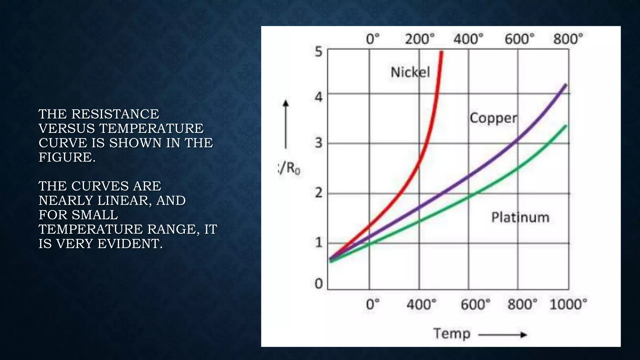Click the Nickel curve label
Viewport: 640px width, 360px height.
[410, 72]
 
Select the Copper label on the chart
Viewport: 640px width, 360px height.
[493, 118]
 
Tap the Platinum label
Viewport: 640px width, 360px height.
[520, 217]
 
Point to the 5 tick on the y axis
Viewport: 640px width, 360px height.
[318, 52]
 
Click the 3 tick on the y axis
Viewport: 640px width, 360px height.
[318, 143]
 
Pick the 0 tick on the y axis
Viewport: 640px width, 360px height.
[318, 284]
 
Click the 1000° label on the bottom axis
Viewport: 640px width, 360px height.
[568, 304]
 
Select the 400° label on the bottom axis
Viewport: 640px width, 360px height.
[421, 304]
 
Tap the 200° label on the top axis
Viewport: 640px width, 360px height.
[420, 39]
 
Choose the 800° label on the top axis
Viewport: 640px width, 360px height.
[568, 39]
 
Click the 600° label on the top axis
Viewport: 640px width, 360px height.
[519, 39]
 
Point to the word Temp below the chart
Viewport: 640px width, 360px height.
[452, 334]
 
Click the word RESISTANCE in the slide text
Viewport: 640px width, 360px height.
[115, 114]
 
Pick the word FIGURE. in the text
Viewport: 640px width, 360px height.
[67, 157]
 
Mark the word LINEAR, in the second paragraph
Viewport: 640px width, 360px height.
[125, 200]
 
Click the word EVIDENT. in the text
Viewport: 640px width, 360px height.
[130, 244]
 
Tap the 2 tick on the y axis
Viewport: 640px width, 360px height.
[318, 193]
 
